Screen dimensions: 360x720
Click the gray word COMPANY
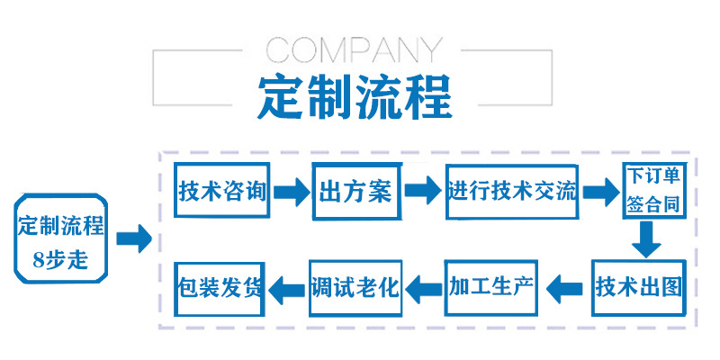[355, 50]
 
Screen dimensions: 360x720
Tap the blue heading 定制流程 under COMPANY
[355, 96]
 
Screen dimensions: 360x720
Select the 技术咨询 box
[222, 192]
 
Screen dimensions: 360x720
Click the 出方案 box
[355, 192]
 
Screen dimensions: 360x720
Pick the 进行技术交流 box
[512, 191]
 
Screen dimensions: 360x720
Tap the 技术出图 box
[638, 288]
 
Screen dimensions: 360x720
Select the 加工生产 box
[491, 288]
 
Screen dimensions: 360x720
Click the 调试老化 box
[354, 288]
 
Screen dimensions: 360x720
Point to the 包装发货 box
[221, 288]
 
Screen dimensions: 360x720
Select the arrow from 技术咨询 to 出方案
[291, 192]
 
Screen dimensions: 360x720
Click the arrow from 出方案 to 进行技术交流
[421, 191]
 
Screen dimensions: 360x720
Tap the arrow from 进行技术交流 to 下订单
[598, 191]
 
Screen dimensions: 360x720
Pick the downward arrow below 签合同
[645, 239]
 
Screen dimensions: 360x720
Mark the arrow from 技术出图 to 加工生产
[565, 289]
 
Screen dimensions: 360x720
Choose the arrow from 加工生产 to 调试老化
[424, 289]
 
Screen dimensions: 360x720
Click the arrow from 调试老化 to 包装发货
[288, 289]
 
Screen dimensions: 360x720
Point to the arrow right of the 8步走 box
[133, 238]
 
